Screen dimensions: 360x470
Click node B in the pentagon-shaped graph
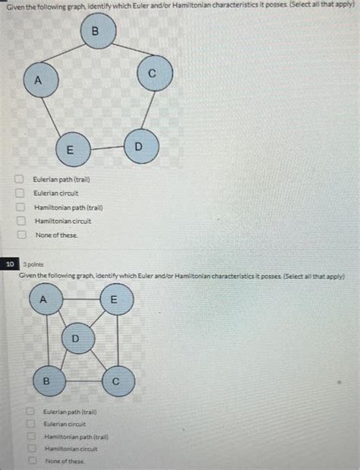click(x=98, y=31)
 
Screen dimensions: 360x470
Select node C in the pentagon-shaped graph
click(x=155, y=74)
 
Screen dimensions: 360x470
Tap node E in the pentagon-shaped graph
click(x=74, y=150)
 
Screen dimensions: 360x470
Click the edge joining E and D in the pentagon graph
click(x=107, y=148)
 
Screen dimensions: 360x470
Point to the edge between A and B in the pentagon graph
click(x=64, y=53)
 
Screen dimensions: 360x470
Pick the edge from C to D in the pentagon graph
click(x=148, y=110)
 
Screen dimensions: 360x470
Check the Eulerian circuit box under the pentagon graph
click(x=20, y=193)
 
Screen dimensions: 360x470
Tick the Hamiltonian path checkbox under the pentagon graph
click(x=21, y=207)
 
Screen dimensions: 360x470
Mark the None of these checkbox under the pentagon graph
click(x=21, y=235)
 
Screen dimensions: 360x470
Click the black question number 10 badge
click(x=10, y=264)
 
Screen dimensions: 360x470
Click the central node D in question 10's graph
click(x=78, y=339)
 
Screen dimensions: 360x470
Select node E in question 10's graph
click(x=117, y=299)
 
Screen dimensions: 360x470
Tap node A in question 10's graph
click(x=46, y=298)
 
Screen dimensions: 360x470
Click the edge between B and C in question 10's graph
click(x=84, y=381)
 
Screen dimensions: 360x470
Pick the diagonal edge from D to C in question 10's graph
click(x=98, y=360)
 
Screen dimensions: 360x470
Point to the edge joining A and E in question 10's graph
click(x=81, y=299)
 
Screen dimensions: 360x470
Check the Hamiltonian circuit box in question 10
click(x=32, y=449)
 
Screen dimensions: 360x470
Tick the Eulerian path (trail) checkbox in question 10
click(x=30, y=411)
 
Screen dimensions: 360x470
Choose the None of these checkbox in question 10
click(x=33, y=460)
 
